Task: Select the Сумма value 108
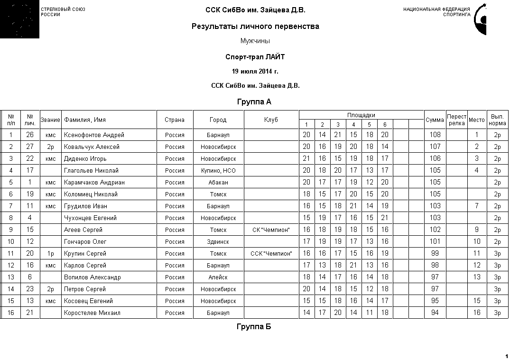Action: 435,135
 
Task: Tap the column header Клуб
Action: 271,120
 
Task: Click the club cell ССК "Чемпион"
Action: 271,254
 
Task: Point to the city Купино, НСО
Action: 218,171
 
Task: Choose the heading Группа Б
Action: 254,327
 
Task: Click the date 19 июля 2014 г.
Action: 255,72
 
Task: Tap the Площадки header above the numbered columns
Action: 361,115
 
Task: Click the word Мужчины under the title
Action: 255,41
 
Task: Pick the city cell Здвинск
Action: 218,242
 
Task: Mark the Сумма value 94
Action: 435,313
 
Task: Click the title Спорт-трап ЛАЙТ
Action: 255,57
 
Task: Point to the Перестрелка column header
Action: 456,120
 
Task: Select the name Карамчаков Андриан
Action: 94,183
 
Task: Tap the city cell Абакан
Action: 218,183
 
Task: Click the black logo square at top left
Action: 19,19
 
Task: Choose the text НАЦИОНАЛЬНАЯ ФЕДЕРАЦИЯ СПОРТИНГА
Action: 436,12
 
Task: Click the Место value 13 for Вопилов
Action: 477,277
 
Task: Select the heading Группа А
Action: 254,102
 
